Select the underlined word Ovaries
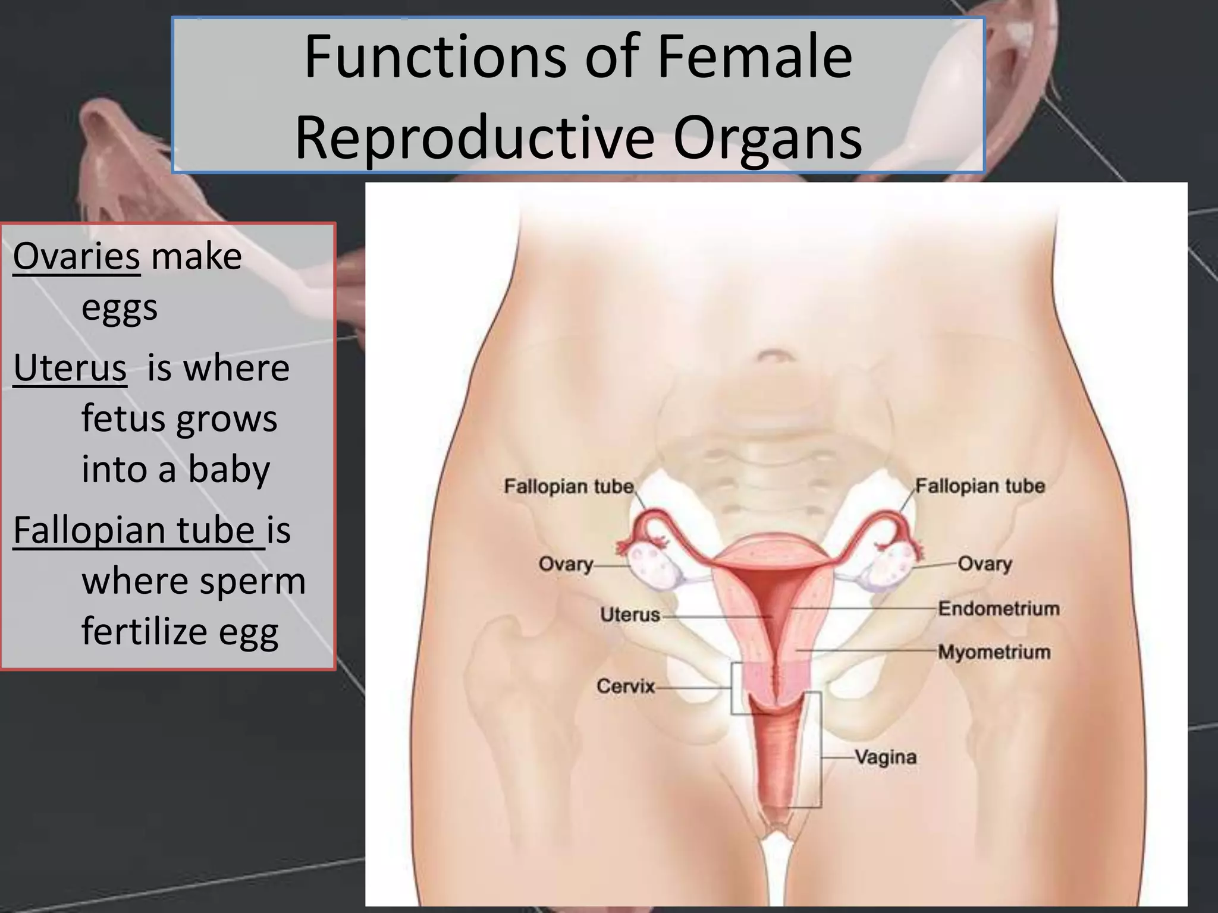(77, 257)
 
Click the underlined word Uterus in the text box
(70, 368)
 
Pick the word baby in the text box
(229, 470)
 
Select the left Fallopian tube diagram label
(568, 486)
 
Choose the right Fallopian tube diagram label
(980, 486)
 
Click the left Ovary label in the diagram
(566, 563)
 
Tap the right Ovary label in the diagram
(984, 563)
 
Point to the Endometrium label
(999, 609)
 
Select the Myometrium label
(994, 652)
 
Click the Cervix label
(625, 687)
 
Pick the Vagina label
(886, 757)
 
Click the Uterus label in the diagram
(630, 614)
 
